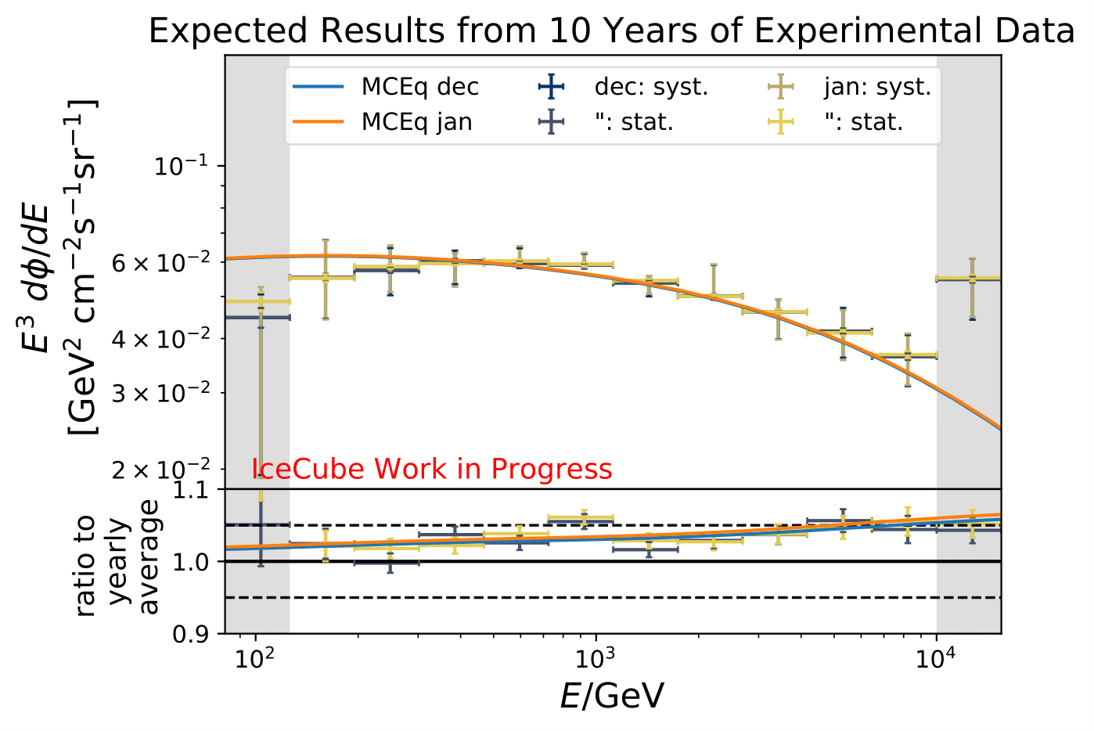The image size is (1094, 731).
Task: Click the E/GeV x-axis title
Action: [612, 696]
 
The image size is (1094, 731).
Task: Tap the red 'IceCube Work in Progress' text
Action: [432, 469]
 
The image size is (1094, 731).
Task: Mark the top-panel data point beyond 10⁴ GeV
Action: [972, 279]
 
